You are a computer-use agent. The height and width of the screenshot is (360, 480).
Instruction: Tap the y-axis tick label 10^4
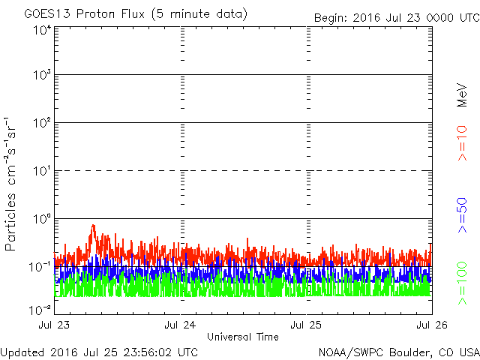[42, 30]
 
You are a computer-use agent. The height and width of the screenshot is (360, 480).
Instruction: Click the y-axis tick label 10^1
[42, 172]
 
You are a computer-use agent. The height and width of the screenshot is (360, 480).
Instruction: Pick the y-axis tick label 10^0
[42, 219]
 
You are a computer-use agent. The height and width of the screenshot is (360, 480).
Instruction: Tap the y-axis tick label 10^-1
[40, 266]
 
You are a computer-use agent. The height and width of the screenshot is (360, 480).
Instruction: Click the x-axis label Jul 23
[56, 325]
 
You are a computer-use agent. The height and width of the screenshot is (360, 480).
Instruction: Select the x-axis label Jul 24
[181, 325]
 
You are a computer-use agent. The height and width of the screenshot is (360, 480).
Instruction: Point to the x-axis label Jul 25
[306, 325]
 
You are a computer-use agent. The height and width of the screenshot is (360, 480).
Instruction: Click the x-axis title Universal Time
[243, 337]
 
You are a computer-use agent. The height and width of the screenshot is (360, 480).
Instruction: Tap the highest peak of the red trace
[93, 225]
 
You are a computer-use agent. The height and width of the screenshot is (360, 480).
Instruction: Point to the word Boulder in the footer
[411, 352]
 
